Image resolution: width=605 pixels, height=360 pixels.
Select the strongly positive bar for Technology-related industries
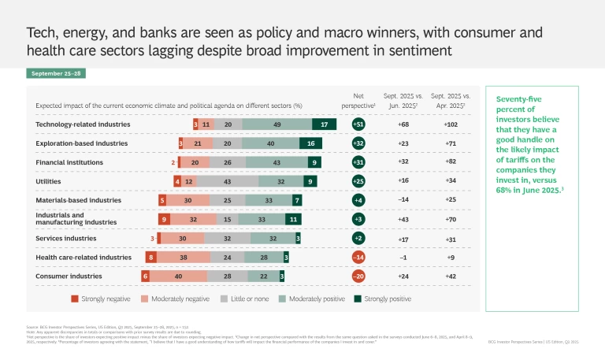pos(324,124)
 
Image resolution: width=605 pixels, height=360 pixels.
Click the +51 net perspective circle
pos(358,124)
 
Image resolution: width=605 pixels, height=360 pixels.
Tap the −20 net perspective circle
pos(358,276)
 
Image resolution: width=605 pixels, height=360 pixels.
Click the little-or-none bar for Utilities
pos(225,181)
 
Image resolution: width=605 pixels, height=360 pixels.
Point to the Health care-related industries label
pos(84,257)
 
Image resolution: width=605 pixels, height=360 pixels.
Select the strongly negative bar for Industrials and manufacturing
pos(163,219)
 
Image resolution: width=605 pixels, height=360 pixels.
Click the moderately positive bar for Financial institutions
pos(276,162)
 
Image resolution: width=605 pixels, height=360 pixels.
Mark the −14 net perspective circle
pos(358,258)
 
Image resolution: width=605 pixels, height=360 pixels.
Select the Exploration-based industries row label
pos(81,143)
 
